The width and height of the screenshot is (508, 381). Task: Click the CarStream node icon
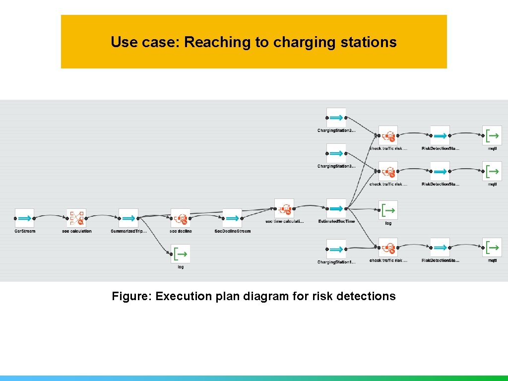(x=24, y=218)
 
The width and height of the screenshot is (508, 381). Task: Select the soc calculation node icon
(x=76, y=218)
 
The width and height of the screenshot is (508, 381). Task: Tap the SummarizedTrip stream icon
(x=128, y=218)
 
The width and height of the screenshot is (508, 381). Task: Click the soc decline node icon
(x=181, y=218)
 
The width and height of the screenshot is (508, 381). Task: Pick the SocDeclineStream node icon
(x=232, y=218)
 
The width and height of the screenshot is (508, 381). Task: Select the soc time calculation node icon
(x=284, y=208)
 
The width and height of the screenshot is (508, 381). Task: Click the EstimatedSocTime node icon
(x=336, y=208)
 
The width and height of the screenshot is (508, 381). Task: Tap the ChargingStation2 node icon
(x=336, y=118)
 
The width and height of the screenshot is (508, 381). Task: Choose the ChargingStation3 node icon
(x=336, y=153)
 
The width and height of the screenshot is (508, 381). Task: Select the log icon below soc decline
(x=181, y=254)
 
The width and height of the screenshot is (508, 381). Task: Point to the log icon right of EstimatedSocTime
(x=388, y=210)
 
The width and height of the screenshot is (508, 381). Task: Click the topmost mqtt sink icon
(x=492, y=135)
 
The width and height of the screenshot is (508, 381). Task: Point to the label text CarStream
(x=24, y=231)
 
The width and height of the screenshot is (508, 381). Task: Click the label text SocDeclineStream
(x=232, y=231)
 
